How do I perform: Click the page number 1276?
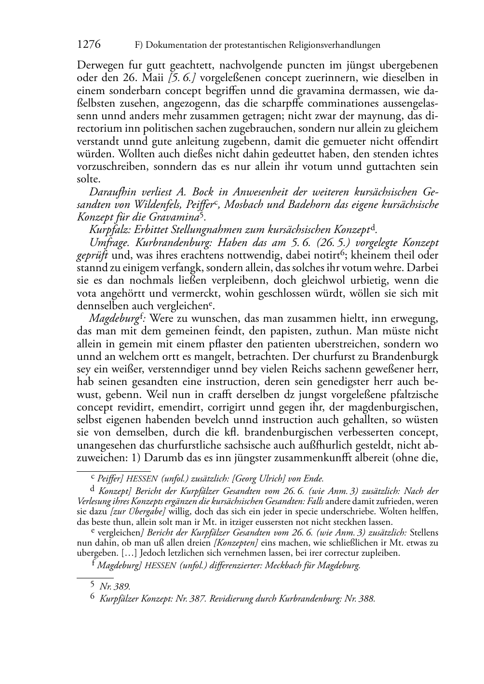[89, 45]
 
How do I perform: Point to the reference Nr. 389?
[115, 587]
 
